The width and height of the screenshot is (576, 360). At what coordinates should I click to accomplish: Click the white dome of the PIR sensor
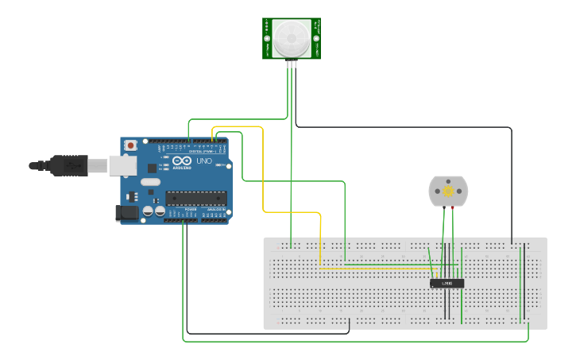point(292,37)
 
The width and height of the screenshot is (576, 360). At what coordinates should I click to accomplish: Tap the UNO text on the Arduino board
point(204,161)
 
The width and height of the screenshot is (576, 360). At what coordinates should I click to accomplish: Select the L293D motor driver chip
point(446,283)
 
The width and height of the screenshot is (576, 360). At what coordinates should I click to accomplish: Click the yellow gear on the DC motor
point(448,192)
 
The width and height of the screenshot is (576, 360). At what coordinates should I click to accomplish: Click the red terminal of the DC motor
point(453,208)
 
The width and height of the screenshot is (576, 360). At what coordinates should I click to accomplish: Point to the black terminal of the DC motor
point(443,208)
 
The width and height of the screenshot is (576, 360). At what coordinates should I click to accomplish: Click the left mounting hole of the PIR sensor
point(268,37)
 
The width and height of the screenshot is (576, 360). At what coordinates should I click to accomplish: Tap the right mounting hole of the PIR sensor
point(316,37)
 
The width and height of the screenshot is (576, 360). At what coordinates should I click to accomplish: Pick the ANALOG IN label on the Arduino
point(215,211)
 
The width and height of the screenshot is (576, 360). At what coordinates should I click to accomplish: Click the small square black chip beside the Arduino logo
point(151,168)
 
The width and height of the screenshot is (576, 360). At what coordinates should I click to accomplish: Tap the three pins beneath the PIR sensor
point(292,64)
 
